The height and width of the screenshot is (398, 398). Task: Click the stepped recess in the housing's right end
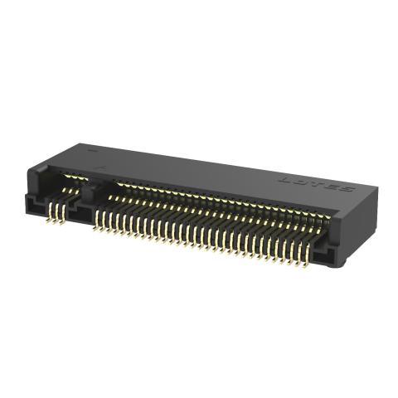pyautogui.click(x=338, y=251)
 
